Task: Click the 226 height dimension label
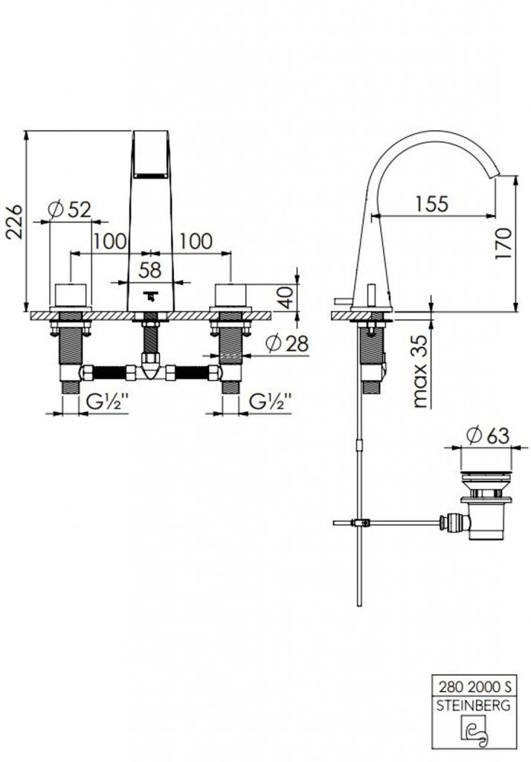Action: (x=15, y=221)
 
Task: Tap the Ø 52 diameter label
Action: (x=70, y=210)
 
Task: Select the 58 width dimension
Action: (x=149, y=270)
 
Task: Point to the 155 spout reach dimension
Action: (x=432, y=203)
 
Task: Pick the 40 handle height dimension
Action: (x=286, y=297)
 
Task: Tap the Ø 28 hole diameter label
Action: (x=287, y=344)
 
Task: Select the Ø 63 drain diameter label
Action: (x=487, y=435)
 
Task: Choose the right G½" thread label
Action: (x=271, y=402)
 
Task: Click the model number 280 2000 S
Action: (x=474, y=686)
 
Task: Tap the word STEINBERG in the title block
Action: (x=474, y=705)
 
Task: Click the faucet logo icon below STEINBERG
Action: (x=474, y=734)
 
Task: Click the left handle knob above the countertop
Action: (x=71, y=295)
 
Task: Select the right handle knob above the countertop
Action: (x=231, y=295)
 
